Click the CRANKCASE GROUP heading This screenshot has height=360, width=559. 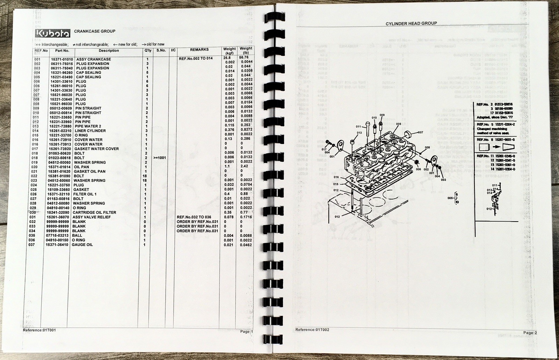95,31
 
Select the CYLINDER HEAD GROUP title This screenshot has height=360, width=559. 411,23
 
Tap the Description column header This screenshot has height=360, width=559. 109,51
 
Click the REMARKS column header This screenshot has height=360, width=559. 199,50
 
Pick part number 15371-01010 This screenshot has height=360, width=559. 62,59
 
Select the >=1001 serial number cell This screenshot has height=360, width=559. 159,158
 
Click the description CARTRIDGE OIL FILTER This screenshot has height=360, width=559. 95,213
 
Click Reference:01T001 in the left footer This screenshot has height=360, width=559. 39,330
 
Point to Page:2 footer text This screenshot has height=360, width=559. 530,333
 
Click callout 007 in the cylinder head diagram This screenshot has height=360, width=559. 420,132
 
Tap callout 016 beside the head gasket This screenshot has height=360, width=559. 336,178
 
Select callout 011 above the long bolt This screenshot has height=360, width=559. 358,127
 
